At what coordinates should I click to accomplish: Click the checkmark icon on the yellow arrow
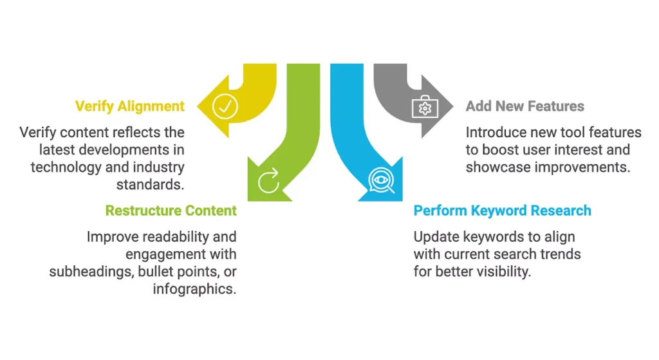[x=225, y=107]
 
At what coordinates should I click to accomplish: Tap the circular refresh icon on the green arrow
[x=268, y=180]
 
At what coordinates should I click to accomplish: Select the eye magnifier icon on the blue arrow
[x=382, y=181]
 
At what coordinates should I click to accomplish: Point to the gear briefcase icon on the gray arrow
[x=425, y=107]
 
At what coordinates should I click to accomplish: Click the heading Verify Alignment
[x=130, y=106]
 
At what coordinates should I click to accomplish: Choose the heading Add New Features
[x=525, y=106]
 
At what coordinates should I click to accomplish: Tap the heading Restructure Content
[x=171, y=211]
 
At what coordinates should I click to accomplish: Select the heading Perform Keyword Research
[x=502, y=211]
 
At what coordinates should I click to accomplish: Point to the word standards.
[x=150, y=184]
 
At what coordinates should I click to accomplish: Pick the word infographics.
[x=194, y=289]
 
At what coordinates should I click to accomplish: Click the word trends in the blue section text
[x=561, y=254]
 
